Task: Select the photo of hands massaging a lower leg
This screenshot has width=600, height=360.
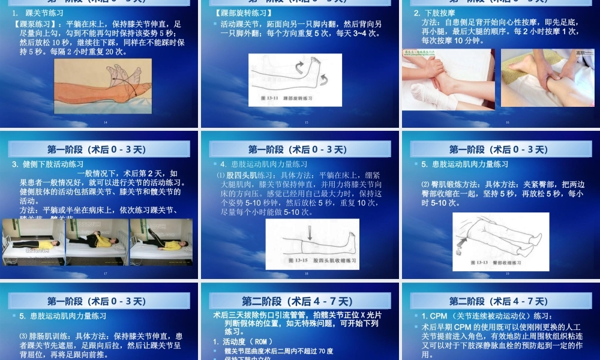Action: pos(547,77)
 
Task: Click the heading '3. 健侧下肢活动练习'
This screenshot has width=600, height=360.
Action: pos(47,164)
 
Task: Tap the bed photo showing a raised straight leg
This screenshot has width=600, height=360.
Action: pos(161,242)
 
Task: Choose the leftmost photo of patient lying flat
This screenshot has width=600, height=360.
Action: pos(32,242)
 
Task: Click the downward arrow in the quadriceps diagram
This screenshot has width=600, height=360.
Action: pos(310,232)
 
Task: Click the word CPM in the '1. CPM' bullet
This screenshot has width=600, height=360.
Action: pos(438,316)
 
